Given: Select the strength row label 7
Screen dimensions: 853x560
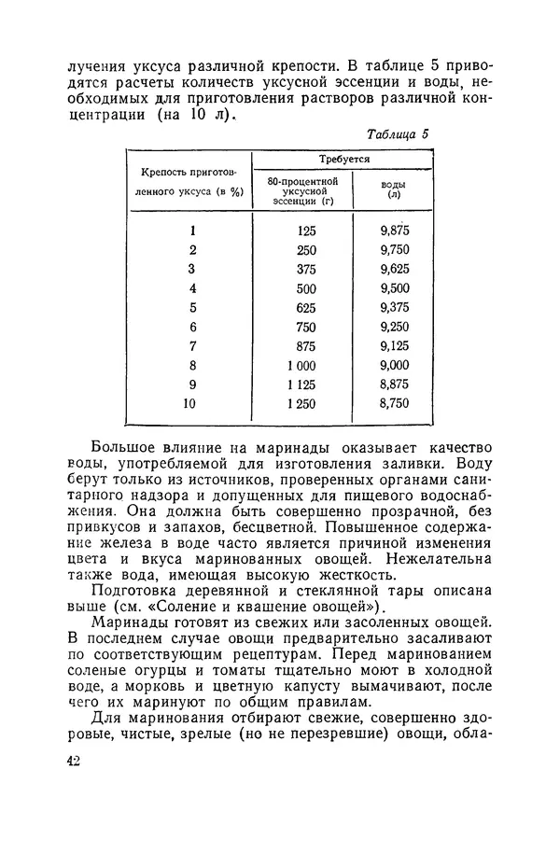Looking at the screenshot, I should pyautogui.click(x=191, y=346).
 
